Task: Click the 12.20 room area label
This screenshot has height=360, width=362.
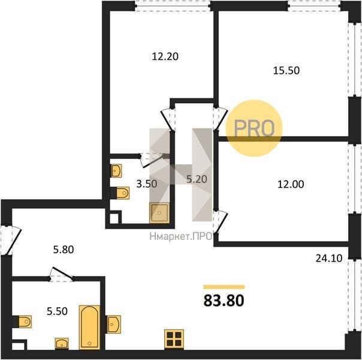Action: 165,56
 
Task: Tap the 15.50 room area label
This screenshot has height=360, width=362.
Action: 286,70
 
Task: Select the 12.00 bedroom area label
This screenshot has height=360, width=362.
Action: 291,184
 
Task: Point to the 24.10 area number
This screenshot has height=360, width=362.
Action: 329,258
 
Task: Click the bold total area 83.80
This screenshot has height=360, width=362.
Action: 224,301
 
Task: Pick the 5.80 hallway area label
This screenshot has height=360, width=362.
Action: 64,250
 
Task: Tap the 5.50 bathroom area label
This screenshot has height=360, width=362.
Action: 57,311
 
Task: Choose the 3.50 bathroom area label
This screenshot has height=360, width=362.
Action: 147,184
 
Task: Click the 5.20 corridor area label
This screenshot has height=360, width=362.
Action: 197,179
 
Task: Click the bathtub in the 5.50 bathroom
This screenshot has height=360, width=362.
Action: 90,327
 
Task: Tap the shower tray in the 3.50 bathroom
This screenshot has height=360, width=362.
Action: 159,213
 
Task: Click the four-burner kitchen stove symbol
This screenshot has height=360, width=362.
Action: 174,338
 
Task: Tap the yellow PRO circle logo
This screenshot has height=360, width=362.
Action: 254,128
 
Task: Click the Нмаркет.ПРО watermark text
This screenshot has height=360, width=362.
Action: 181,236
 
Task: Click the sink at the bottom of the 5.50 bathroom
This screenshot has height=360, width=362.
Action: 62,343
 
